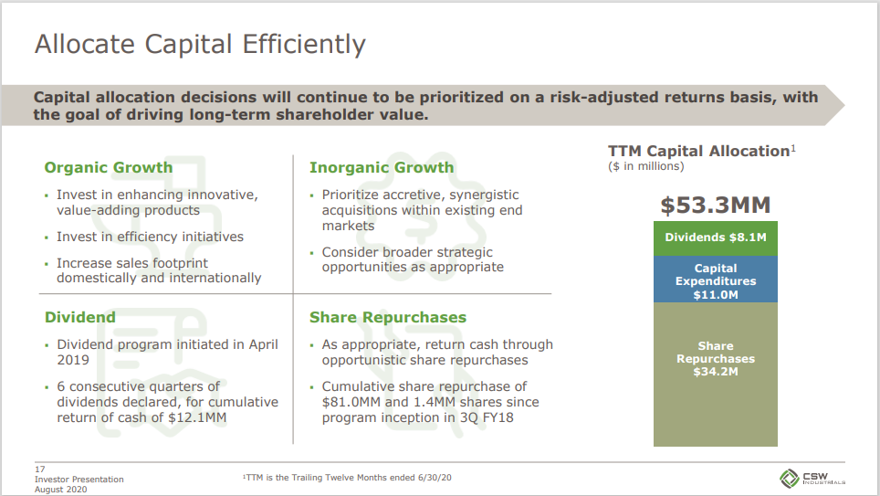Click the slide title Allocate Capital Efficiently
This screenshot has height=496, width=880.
[200, 45]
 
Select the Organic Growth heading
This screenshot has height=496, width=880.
[109, 167]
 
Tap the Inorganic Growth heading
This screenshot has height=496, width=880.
[382, 167]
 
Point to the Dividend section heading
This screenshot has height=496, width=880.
[80, 317]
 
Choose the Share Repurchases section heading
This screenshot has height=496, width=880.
[388, 317]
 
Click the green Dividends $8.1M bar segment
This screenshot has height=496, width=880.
[716, 238]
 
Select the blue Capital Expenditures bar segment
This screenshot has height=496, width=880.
[716, 280]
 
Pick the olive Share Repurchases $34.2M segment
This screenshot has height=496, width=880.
[716, 375]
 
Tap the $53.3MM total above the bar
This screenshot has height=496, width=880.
[716, 205]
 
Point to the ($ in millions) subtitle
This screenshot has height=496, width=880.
[646, 166]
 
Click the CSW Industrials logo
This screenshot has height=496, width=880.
[812, 478]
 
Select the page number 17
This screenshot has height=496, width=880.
[40, 469]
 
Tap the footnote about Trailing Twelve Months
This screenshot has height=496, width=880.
[347, 478]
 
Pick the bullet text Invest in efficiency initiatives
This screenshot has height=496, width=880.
[150, 237]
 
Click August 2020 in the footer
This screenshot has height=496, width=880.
[60, 490]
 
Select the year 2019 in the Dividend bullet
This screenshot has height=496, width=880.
[73, 360]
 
